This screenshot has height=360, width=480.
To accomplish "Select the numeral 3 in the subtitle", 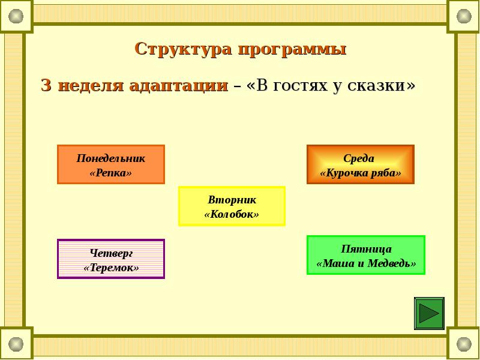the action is tap(46, 85).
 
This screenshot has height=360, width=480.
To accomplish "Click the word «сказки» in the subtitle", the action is tap(377, 85).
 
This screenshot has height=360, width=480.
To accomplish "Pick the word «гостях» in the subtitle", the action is tap(298, 85).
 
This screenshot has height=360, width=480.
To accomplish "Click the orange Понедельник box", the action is tap(110, 164).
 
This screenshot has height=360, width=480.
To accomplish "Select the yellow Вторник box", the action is tap(232, 206).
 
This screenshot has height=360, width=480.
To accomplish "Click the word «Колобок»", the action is tap(232, 214).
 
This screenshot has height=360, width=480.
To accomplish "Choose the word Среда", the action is tap(359, 158).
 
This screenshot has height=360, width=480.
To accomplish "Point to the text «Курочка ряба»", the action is tap(360, 173).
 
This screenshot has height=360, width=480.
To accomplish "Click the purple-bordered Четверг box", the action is tap(110, 259).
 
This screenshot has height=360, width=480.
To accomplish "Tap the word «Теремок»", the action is tap(111, 268).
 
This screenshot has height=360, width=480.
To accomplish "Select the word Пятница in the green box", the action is tap(366, 248).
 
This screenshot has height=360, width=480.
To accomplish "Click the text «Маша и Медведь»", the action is tap(366, 263).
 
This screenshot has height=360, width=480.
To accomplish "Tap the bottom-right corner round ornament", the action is tap(464, 344).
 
